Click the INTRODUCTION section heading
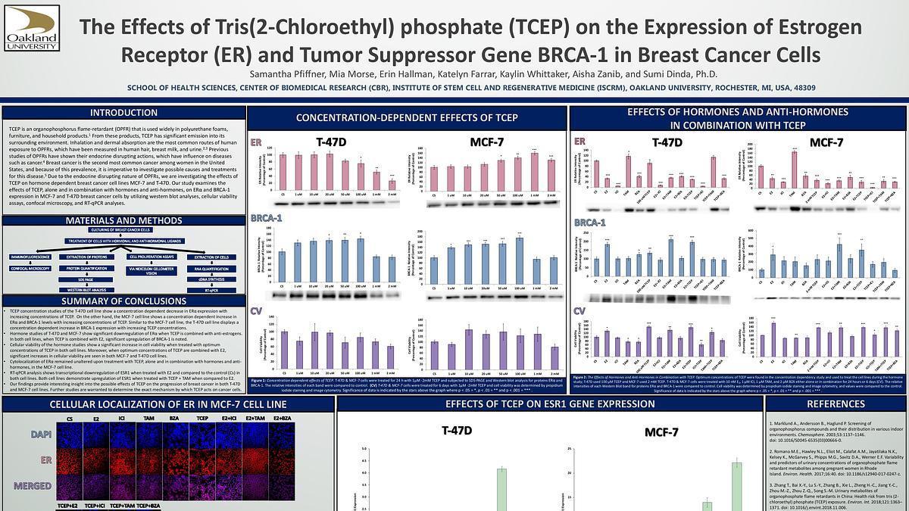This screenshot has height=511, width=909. tap(123, 113)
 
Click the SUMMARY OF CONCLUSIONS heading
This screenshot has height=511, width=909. tap(123, 301)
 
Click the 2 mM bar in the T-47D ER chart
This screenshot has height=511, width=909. tap(392, 185)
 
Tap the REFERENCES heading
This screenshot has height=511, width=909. tap(836, 405)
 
